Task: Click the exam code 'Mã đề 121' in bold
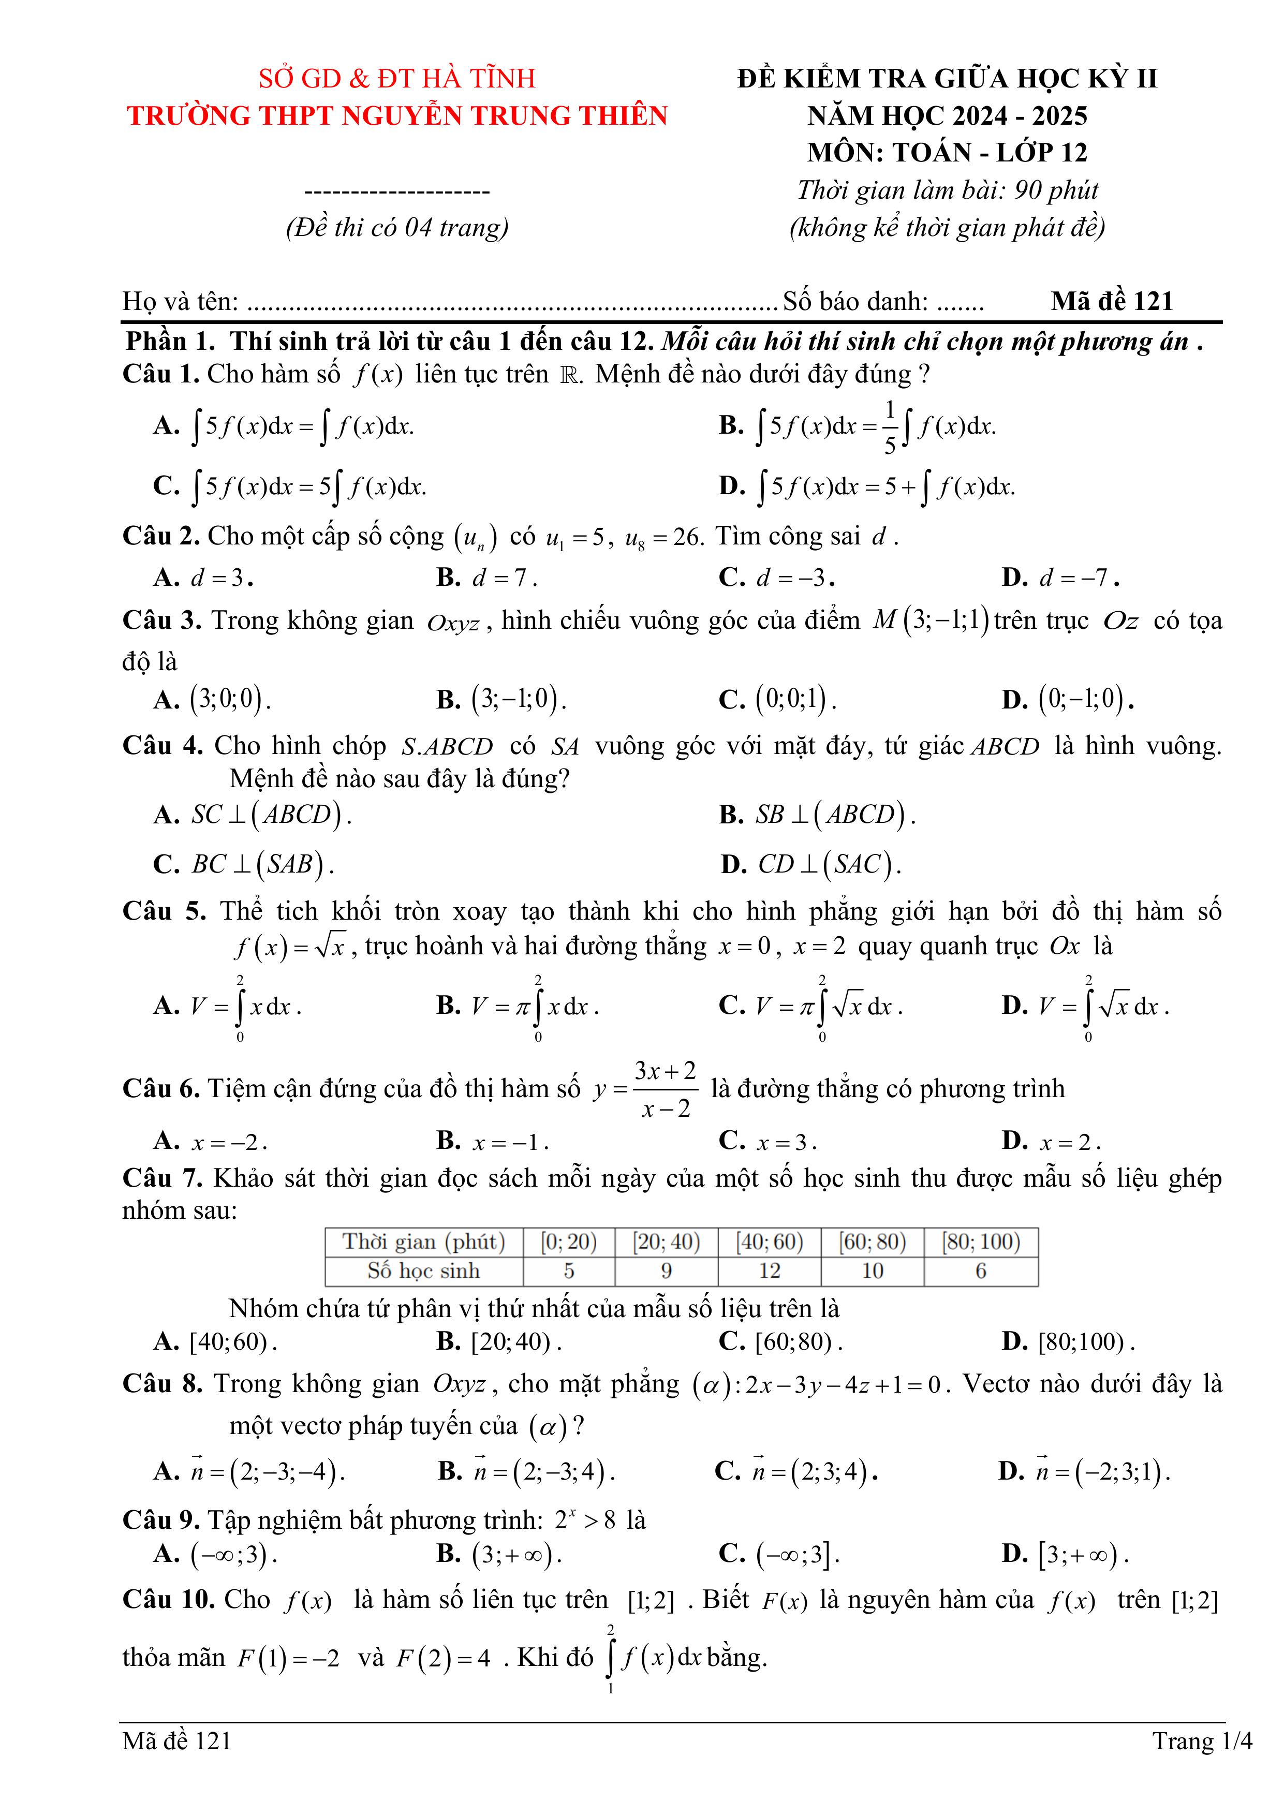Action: tap(1112, 301)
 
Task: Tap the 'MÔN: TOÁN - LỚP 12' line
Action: tap(947, 152)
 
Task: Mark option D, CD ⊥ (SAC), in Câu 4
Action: tap(811, 864)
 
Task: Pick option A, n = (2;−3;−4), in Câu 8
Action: tap(250, 1471)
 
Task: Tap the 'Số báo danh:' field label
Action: tap(855, 301)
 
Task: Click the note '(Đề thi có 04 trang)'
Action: tap(397, 228)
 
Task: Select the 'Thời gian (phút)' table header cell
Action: tap(423, 1241)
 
